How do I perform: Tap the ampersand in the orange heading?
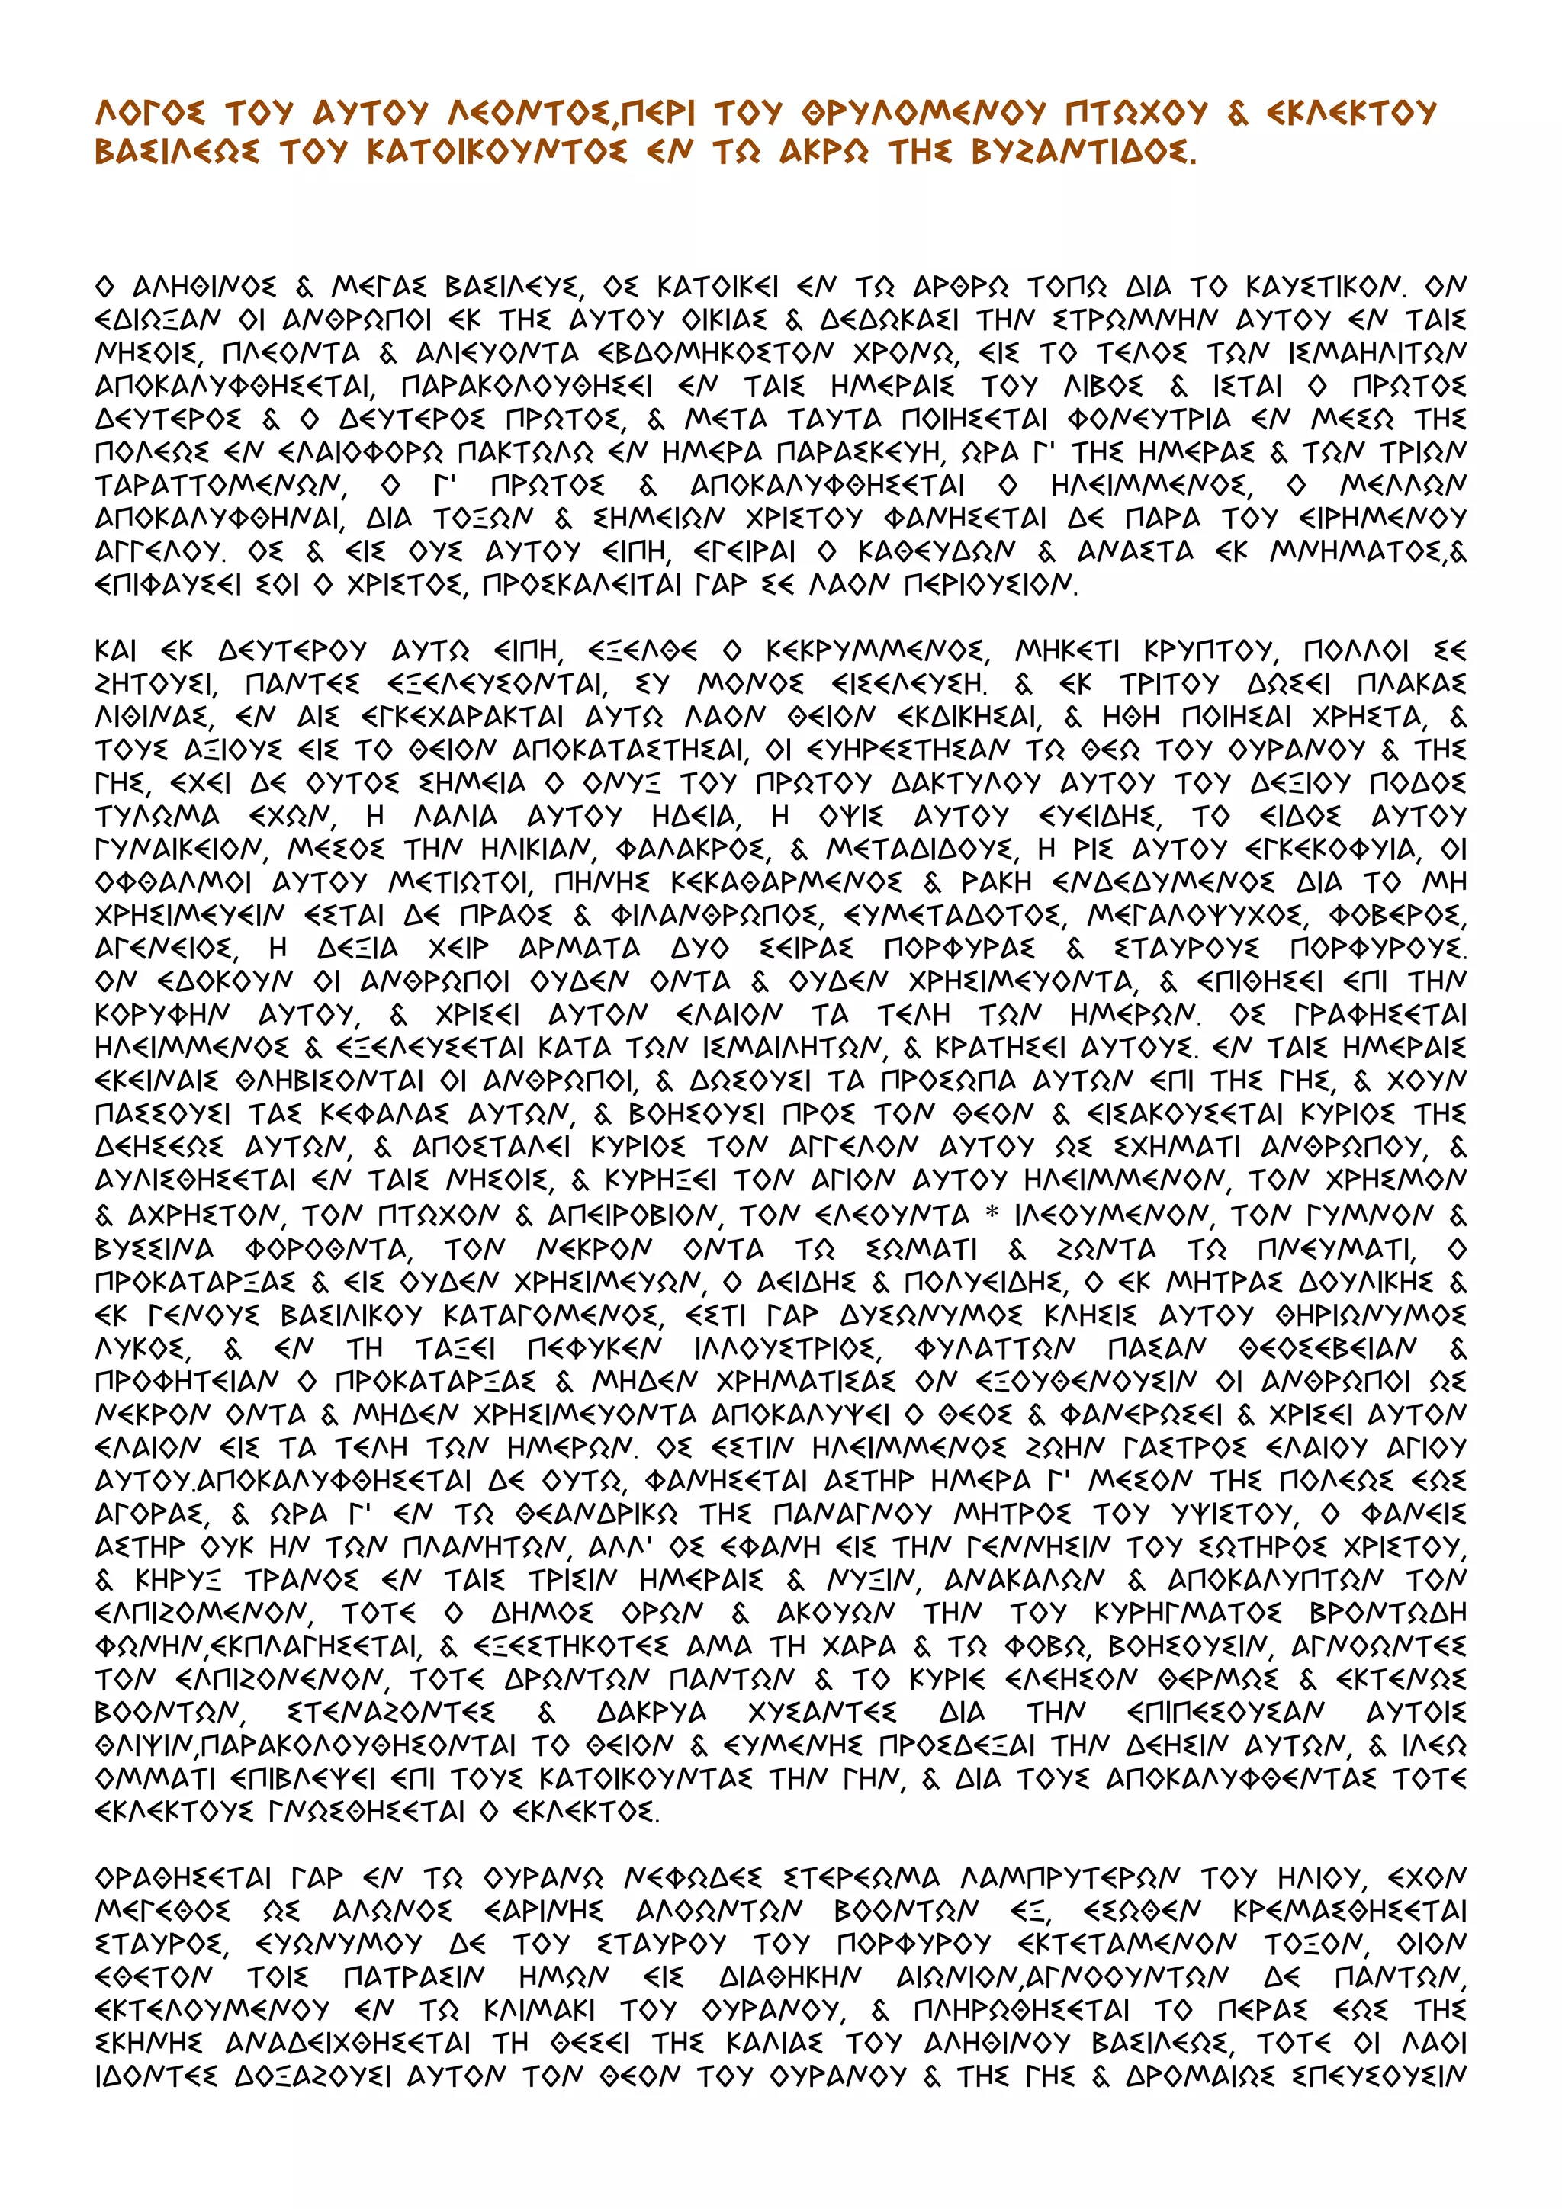(x=1238, y=114)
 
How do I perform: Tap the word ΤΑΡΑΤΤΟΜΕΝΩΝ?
(x=217, y=485)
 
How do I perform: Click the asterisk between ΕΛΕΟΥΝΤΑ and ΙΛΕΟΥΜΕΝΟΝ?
(x=992, y=1214)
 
